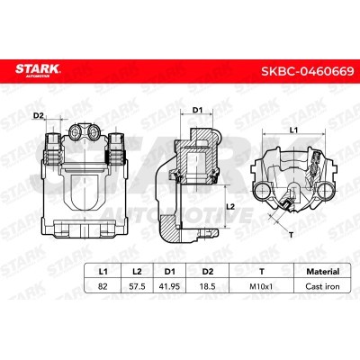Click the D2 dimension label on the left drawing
39,115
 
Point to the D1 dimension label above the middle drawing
197,110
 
